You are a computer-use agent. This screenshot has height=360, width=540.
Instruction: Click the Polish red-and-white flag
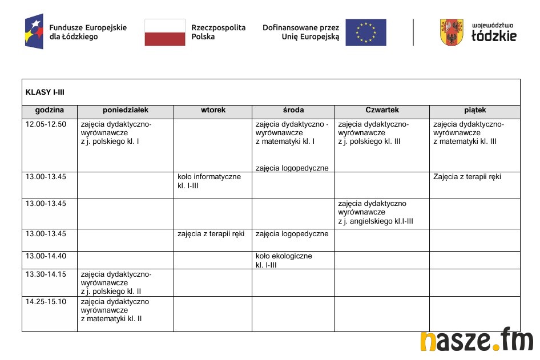click(x=165, y=33)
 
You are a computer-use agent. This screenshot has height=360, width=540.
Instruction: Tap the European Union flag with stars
click(x=365, y=33)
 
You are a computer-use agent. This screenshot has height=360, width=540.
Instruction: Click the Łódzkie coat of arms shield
click(x=452, y=33)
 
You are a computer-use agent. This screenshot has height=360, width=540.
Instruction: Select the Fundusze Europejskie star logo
click(x=34, y=31)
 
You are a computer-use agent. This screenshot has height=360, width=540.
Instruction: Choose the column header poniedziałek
click(x=126, y=110)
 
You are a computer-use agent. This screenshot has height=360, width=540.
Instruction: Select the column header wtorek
click(x=213, y=110)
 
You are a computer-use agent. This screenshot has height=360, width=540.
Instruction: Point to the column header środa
click(x=293, y=110)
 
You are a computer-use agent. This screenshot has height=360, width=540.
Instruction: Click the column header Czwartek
click(x=382, y=110)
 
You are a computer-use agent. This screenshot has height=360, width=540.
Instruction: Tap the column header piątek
click(x=475, y=110)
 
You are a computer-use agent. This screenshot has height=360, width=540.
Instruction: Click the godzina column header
click(x=50, y=110)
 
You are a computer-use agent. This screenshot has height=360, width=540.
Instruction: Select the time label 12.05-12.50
click(x=46, y=124)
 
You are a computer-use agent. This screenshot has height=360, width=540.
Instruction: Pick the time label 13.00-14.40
click(x=46, y=256)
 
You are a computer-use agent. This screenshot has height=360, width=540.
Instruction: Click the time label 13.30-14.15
click(x=46, y=274)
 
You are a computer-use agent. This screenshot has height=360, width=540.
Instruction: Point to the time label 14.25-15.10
click(x=46, y=301)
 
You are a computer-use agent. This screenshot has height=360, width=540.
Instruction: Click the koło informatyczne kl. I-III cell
click(x=209, y=181)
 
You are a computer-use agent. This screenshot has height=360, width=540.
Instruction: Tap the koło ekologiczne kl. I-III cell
click(x=284, y=261)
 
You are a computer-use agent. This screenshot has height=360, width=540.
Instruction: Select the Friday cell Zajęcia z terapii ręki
click(x=467, y=177)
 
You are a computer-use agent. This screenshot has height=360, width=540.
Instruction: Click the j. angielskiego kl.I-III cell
click(x=376, y=212)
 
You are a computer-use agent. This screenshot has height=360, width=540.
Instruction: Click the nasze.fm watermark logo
click(x=476, y=341)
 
